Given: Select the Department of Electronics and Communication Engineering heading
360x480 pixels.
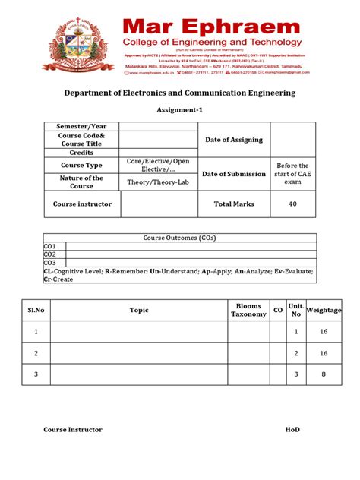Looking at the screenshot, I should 179,93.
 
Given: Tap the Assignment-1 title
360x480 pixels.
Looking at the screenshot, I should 179,109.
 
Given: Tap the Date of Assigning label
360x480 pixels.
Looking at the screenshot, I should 233,140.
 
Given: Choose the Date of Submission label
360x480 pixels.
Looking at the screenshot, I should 233,174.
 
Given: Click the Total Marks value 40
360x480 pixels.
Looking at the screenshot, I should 292,204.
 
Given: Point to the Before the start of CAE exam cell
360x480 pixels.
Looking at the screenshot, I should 292,174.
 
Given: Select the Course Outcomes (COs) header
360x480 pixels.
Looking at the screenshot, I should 179,238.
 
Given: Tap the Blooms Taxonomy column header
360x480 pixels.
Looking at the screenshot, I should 248,310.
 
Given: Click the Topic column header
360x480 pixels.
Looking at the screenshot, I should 139,310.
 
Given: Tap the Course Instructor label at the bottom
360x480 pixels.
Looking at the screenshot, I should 73,429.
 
